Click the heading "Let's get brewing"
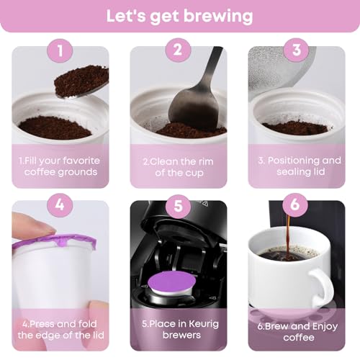coord(180,15)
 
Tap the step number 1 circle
coord(60,51)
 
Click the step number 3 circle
coord(294,51)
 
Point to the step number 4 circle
coord(60,204)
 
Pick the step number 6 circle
coord(294,204)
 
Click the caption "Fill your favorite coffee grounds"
coord(60,166)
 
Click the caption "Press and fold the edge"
coord(60,320)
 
